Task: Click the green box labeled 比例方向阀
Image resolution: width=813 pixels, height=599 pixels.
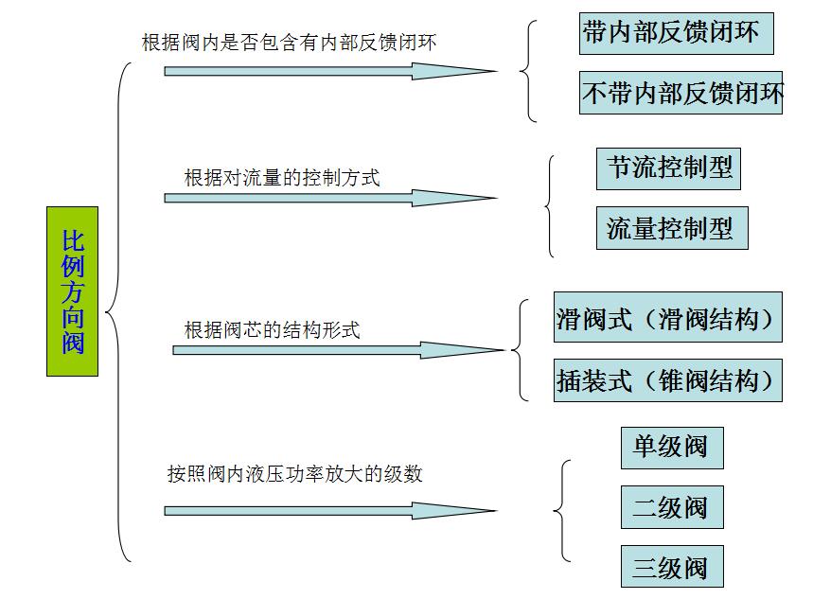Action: (72, 291)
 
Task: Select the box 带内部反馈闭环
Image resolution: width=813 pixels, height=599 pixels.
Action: (676, 34)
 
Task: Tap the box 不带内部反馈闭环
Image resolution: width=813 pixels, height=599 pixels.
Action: (680, 93)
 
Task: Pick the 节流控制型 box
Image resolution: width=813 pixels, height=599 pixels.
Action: (668, 168)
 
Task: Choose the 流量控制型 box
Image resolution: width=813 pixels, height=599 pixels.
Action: (672, 228)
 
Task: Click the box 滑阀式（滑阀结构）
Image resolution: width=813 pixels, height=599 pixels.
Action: (668, 317)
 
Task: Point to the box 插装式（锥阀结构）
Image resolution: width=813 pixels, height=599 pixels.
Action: (668, 380)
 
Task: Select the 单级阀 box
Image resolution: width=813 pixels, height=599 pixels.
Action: (672, 449)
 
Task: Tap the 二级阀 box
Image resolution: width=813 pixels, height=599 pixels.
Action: (672, 507)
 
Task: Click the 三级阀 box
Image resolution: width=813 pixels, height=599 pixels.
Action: (672, 566)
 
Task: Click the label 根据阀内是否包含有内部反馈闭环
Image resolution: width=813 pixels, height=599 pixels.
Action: (290, 42)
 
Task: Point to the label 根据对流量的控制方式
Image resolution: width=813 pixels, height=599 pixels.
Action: (282, 177)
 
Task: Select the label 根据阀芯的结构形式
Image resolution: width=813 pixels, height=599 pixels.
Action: (273, 330)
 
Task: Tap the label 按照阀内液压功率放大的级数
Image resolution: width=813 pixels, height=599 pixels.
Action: (295, 473)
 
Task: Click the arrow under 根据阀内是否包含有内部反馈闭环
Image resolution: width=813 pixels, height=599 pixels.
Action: (331, 71)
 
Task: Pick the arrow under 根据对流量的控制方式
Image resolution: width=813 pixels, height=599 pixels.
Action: (331, 198)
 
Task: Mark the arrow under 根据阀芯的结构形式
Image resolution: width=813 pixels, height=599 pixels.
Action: (339, 350)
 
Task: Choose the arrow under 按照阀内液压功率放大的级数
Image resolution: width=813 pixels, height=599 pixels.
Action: (331, 511)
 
